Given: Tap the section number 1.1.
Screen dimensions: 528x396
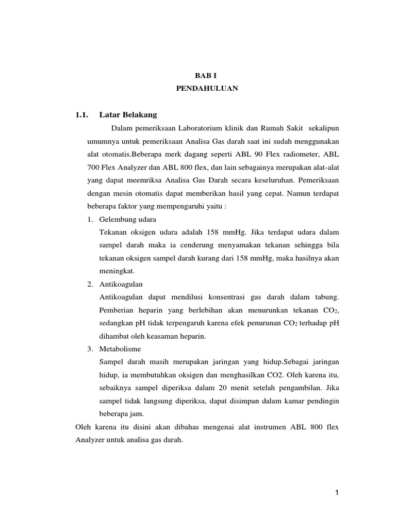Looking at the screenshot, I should [x=82, y=114].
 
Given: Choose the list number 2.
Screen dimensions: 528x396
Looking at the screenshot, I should [x=89, y=284].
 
